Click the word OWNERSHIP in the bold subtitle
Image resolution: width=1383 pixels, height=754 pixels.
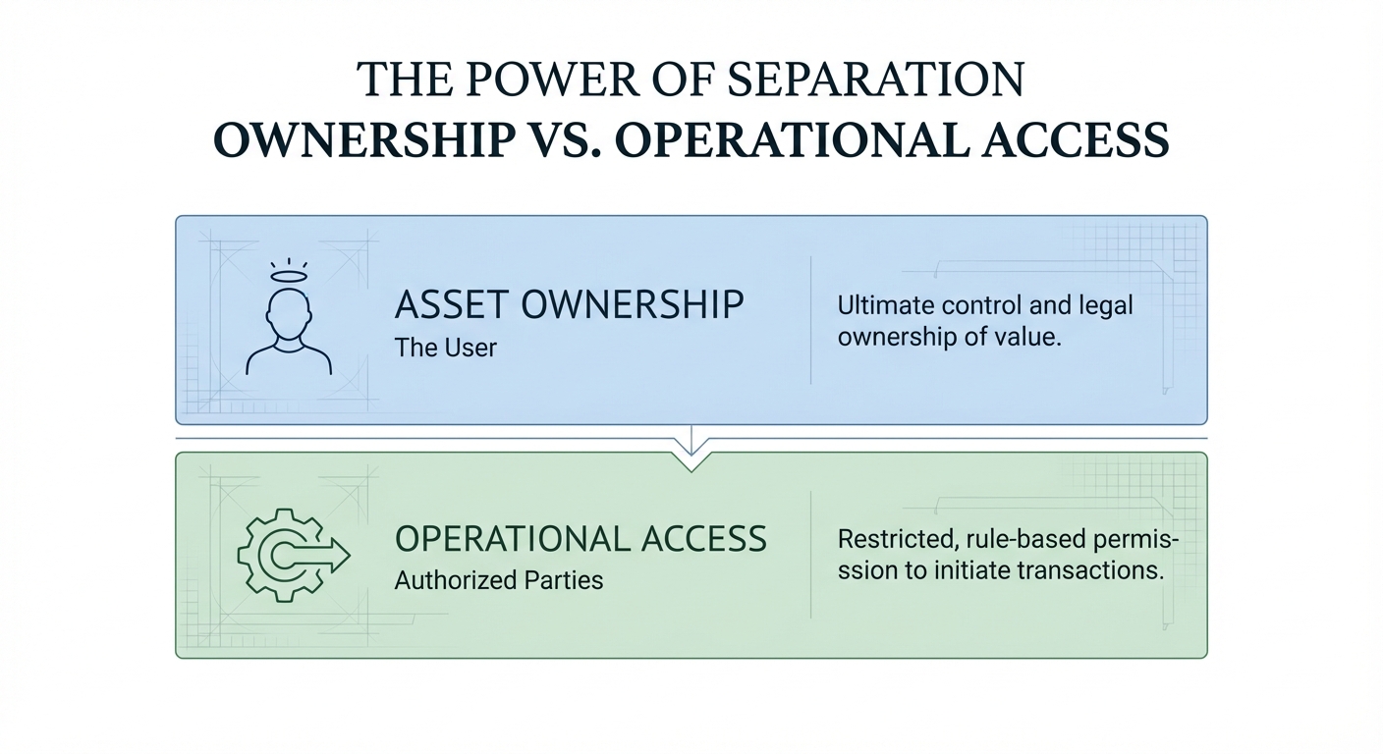364,139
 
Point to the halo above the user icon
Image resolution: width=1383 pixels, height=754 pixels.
289,275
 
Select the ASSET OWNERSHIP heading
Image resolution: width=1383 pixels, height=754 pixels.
570,304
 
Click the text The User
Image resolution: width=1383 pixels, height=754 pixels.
445,348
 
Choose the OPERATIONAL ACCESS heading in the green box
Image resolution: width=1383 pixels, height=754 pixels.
581,539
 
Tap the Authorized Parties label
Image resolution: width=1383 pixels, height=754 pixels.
499,580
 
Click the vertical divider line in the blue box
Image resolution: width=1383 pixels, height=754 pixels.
810,320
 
